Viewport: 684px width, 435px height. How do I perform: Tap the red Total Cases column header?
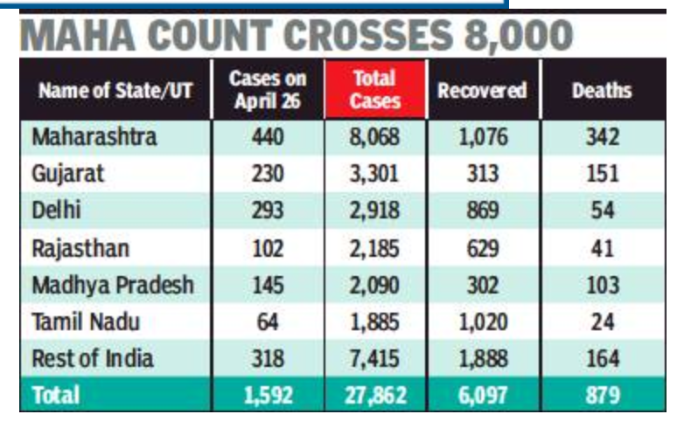tap(374, 89)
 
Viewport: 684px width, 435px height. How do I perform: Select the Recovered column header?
tap(483, 90)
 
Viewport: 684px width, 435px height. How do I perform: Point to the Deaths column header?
tap(602, 90)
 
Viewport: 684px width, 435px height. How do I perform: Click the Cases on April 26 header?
tap(267, 89)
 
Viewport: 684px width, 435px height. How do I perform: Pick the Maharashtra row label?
tap(94, 137)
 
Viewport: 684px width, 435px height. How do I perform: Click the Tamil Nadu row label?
tap(85, 321)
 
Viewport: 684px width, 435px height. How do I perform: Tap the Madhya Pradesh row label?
tap(111, 285)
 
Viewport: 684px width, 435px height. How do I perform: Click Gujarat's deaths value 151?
tap(602, 174)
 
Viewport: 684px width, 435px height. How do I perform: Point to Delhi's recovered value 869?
tap(483, 211)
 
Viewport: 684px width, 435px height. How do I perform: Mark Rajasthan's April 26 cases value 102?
tap(267, 248)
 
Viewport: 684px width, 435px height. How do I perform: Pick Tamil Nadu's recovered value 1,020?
tap(483, 321)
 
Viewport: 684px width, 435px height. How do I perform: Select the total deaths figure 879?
tap(602, 396)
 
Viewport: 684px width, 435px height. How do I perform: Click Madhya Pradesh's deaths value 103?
tap(602, 285)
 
